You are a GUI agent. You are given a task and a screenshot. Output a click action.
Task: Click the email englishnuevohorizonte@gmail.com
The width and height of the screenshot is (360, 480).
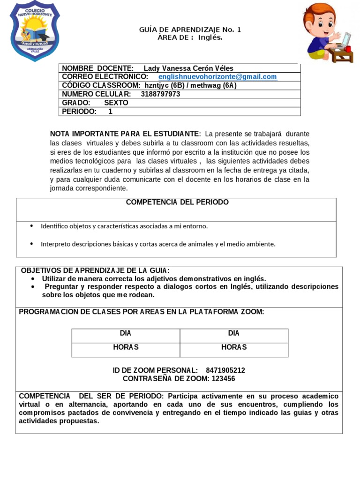217,77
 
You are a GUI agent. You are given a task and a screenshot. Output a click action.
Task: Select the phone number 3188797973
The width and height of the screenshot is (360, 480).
160,94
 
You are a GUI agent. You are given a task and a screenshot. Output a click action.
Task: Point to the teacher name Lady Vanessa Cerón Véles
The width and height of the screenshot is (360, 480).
188,68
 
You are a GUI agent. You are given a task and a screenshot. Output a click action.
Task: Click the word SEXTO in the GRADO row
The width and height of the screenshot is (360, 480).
116,103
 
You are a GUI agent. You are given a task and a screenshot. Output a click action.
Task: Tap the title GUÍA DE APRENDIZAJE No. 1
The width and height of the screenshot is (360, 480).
190,30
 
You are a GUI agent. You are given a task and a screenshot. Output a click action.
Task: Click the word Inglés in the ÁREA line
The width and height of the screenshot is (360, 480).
210,37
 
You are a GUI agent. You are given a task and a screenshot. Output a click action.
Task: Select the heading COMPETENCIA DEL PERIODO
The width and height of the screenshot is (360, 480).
177,202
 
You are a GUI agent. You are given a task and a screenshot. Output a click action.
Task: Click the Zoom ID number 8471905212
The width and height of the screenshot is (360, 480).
225,370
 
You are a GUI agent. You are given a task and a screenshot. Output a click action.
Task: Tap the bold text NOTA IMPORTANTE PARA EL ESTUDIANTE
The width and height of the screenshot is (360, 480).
125,134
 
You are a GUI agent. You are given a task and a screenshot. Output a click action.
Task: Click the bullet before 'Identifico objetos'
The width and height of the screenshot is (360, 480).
31,226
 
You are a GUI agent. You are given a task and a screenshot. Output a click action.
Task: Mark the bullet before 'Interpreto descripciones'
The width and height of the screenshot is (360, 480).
31,244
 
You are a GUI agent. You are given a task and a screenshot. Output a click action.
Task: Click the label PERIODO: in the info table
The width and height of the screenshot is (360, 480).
79,112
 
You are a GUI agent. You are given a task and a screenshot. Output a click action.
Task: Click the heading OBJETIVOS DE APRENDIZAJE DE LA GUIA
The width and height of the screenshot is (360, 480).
95,270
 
